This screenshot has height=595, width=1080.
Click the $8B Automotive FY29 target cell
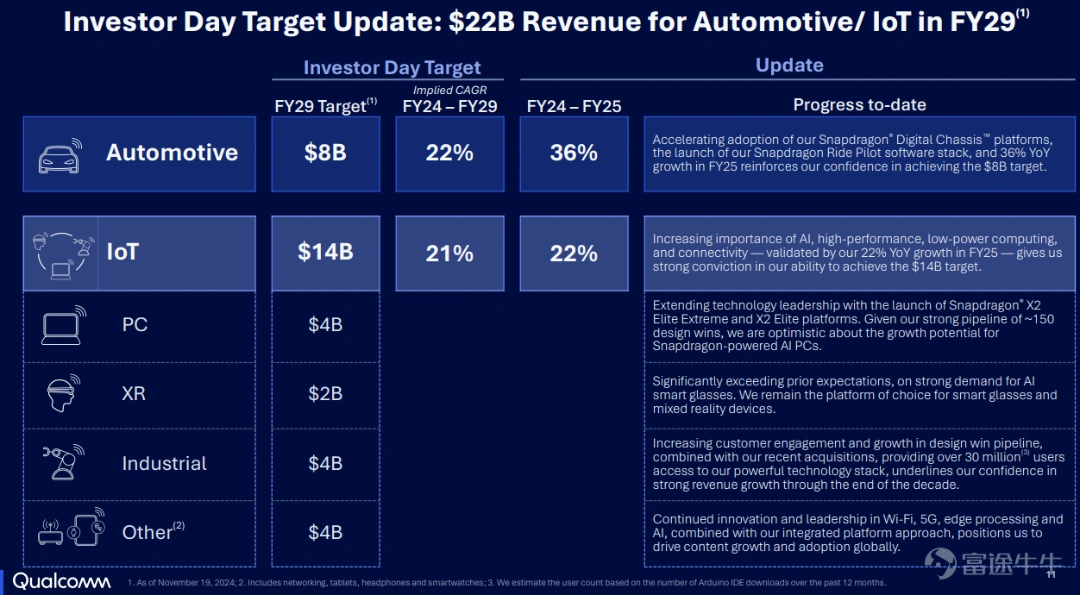(x=325, y=153)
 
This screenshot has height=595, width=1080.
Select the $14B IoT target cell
(x=325, y=253)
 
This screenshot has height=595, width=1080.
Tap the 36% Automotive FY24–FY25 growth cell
(x=574, y=153)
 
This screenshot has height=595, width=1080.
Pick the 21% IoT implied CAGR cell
(x=449, y=253)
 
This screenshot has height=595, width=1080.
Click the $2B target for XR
(x=325, y=393)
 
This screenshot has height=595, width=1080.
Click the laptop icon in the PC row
(x=64, y=326)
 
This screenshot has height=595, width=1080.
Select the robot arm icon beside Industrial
(x=64, y=462)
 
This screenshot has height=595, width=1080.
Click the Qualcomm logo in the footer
(x=61, y=581)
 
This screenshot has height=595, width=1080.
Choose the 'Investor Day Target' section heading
(x=392, y=67)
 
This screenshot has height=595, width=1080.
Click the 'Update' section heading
(x=789, y=65)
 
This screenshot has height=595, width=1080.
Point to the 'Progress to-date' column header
(x=860, y=104)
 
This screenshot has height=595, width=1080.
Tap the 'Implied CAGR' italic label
(x=449, y=90)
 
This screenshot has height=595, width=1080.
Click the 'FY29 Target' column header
(x=325, y=105)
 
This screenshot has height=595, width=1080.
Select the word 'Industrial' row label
(x=165, y=463)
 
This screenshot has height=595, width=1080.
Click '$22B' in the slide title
(x=481, y=22)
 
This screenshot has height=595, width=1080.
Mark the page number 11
(x=1051, y=575)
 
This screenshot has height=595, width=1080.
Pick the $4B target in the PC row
(x=325, y=325)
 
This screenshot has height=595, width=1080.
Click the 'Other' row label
(x=148, y=533)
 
